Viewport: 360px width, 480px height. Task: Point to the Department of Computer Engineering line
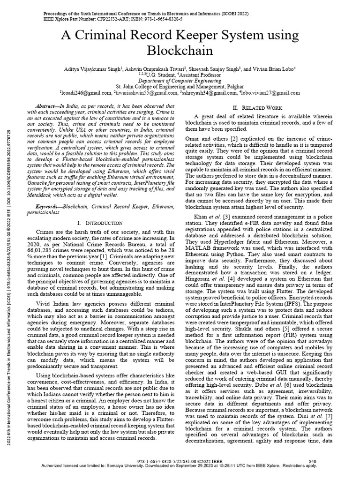tap(180, 81)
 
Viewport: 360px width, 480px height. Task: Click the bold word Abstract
tap(50, 106)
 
